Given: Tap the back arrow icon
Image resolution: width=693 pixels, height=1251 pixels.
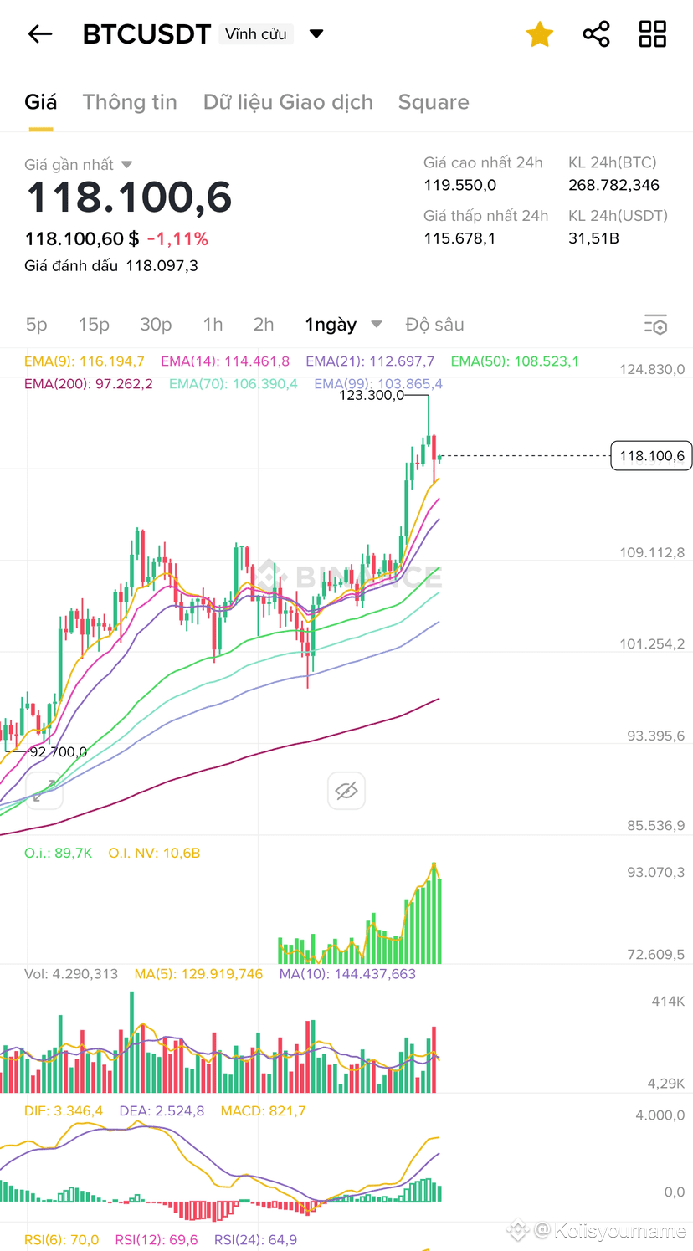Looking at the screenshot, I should coord(40,34).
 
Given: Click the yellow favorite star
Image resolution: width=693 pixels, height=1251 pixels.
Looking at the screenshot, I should coord(540,34).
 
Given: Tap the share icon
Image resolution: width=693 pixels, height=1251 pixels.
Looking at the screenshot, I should coord(596,34).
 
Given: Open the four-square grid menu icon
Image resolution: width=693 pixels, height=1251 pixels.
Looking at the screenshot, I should coord(652,34).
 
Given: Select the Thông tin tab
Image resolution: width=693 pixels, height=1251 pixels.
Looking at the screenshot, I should coord(130,102).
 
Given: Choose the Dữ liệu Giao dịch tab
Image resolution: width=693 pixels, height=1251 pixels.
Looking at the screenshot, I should coord(288,102).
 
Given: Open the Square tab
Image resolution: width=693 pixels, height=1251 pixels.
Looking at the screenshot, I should coord(434,102).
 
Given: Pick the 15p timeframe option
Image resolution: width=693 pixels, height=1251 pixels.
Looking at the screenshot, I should coord(94,325).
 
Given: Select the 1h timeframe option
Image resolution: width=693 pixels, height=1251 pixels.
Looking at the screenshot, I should coord(213,325).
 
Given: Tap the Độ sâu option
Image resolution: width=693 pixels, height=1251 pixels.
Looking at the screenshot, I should coord(434,325).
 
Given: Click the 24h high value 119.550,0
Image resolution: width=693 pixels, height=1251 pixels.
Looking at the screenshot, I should coord(459,185).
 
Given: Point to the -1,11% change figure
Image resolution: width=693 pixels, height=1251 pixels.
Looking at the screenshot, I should coord(177,239).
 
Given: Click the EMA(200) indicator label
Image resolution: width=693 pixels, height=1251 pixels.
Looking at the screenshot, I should coord(89,384).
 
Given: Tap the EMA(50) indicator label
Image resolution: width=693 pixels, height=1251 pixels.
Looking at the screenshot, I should coord(515,361).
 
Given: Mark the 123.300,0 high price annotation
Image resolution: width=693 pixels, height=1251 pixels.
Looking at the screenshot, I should coord(371,395).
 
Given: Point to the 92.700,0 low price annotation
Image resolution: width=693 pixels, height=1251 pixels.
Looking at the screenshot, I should coord(58,752).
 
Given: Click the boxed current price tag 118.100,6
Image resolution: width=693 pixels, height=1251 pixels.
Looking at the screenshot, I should coord(651,456).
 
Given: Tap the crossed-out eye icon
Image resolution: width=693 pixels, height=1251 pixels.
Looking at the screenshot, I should coord(346,791).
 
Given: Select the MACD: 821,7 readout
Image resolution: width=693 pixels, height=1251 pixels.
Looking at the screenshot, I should coord(263,1111).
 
